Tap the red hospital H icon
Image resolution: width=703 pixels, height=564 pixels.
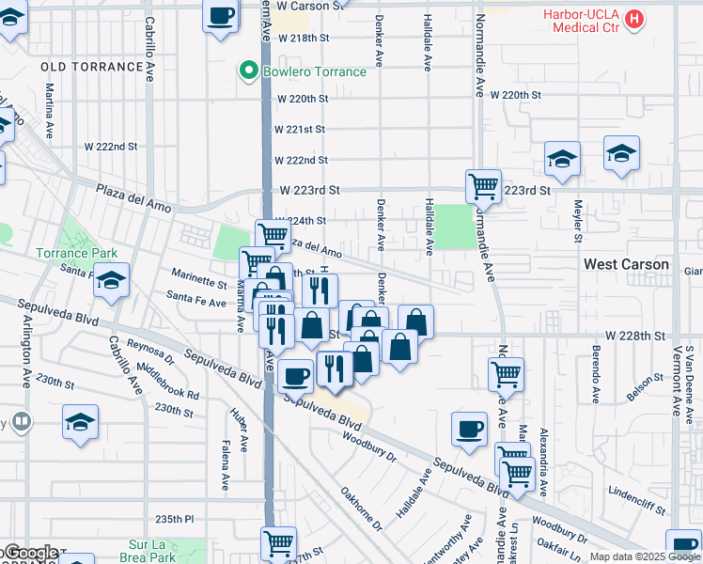(636, 18)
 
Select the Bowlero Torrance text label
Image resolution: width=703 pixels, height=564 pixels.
(315, 72)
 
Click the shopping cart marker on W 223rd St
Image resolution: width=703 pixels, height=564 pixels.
(483, 186)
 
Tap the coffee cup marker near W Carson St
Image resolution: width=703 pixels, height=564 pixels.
(220, 16)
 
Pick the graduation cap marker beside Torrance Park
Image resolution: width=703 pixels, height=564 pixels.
(111, 281)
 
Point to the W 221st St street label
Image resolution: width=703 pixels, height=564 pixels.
(299, 129)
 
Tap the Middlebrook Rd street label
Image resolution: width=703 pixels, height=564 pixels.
(168, 382)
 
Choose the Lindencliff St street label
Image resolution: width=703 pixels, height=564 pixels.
(637, 492)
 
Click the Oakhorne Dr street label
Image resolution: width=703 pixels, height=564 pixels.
(361, 509)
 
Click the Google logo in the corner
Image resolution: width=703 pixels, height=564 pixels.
(31, 553)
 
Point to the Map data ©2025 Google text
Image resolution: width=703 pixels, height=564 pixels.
(644, 556)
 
